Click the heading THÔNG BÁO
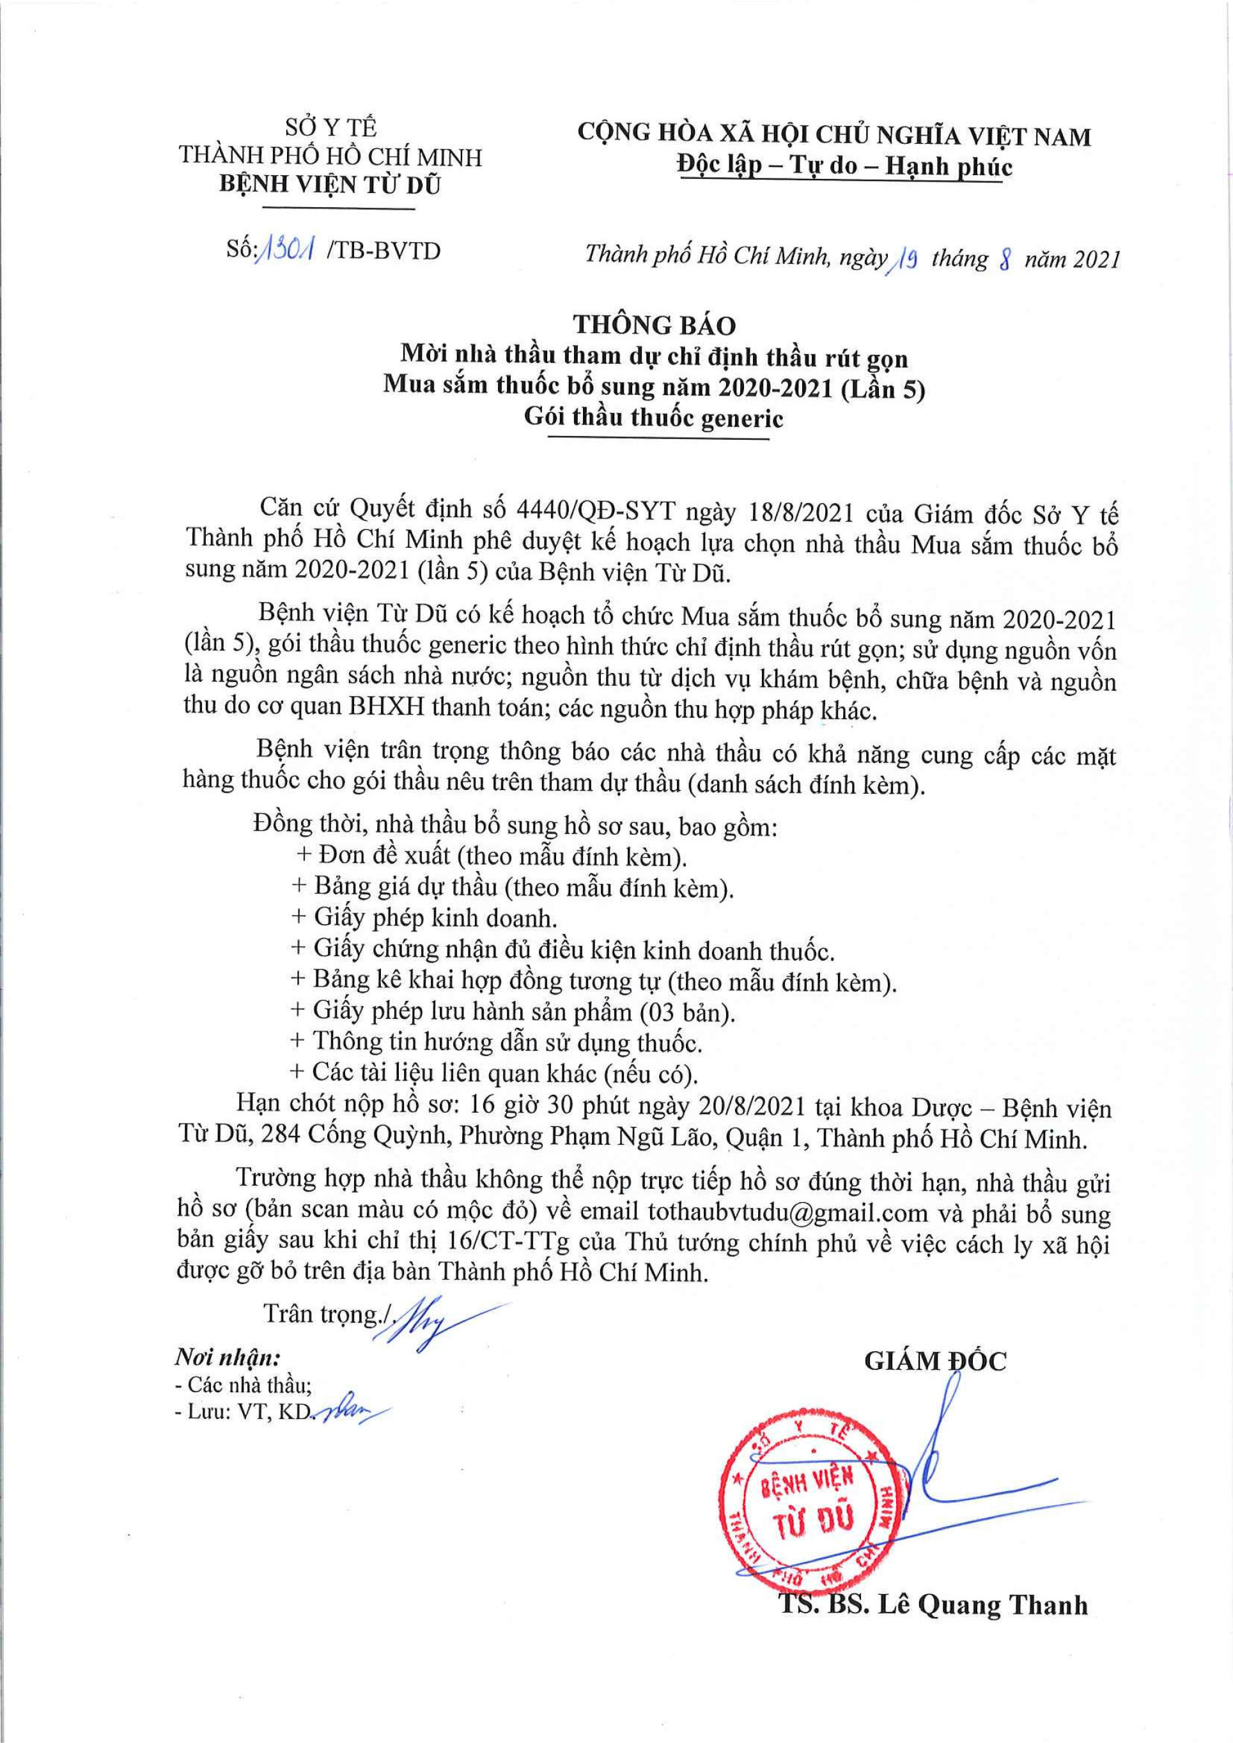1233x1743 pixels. coord(654,325)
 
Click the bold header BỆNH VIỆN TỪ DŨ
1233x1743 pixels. coord(330,185)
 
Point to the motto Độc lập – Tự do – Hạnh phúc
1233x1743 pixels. coord(844,166)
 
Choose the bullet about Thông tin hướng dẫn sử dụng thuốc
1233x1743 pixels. coord(497,1042)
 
